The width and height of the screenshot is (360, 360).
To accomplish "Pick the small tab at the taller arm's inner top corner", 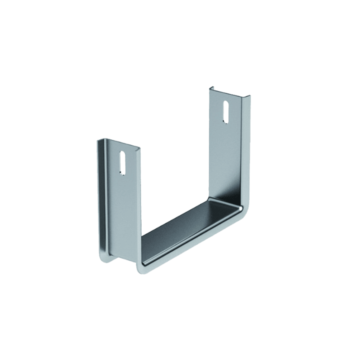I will pyautogui.click(x=211, y=88).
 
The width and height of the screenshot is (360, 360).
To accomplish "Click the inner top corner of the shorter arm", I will pyautogui.click(x=139, y=148).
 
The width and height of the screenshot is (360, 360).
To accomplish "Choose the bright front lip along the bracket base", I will pyautogui.click(x=190, y=245).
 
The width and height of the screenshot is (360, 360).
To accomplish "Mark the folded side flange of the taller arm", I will pyautogui.click(x=244, y=150).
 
